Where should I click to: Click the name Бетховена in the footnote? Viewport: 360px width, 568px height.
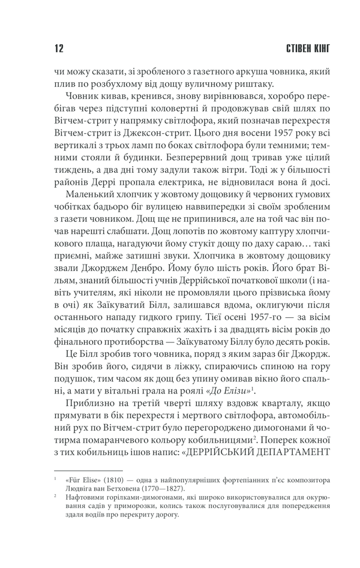[119, 493]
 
